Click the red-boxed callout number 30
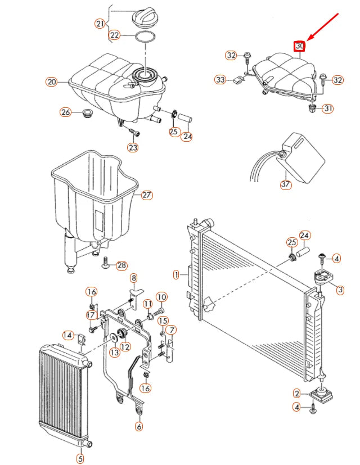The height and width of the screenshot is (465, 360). click(x=299, y=46)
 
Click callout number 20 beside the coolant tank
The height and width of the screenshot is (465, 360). click(x=52, y=82)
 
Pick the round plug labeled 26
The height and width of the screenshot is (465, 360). click(x=88, y=113)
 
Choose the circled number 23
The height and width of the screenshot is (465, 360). click(x=133, y=147)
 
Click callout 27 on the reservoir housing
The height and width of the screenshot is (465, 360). click(x=147, y=195)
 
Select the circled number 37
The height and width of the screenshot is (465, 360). click(x=286, y=184)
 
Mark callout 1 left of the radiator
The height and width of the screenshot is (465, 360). click(x=177, y=274)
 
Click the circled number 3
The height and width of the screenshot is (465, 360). click(x=340, y=290)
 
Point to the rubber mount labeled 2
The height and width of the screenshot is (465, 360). click(x=321, y=394)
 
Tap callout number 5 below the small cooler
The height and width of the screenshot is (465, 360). click(x=80, y=458)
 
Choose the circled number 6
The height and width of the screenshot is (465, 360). click(x=139, y=426)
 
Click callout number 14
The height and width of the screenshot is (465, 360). click(x=68, y=335)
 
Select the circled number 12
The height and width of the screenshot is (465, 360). click(x=125, y=346)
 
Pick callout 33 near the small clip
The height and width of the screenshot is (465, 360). click(x=220, y=79)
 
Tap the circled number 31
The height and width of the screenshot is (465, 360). click(x=328, y=109)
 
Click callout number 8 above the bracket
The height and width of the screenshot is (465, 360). click(x=134, y=278)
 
